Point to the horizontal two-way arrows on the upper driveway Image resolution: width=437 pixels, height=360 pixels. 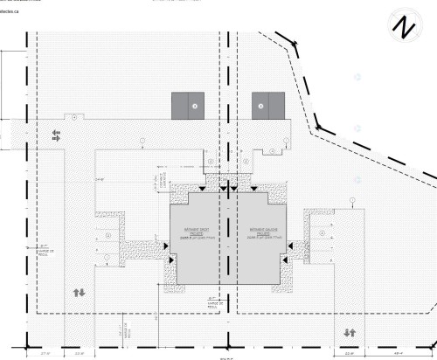tap(57, 135)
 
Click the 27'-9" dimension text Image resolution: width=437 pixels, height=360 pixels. tap(45, 354)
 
